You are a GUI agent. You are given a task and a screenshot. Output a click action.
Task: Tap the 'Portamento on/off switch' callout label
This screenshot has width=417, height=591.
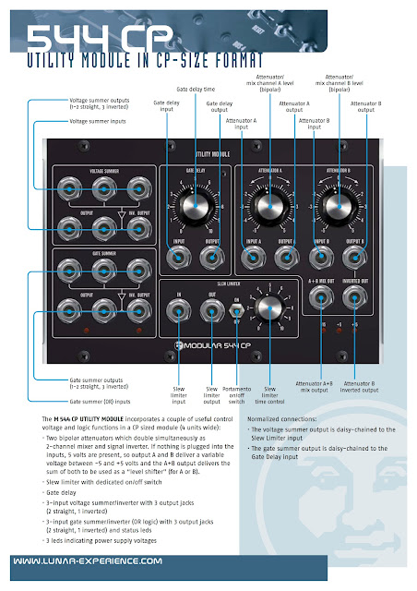(237, 398)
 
